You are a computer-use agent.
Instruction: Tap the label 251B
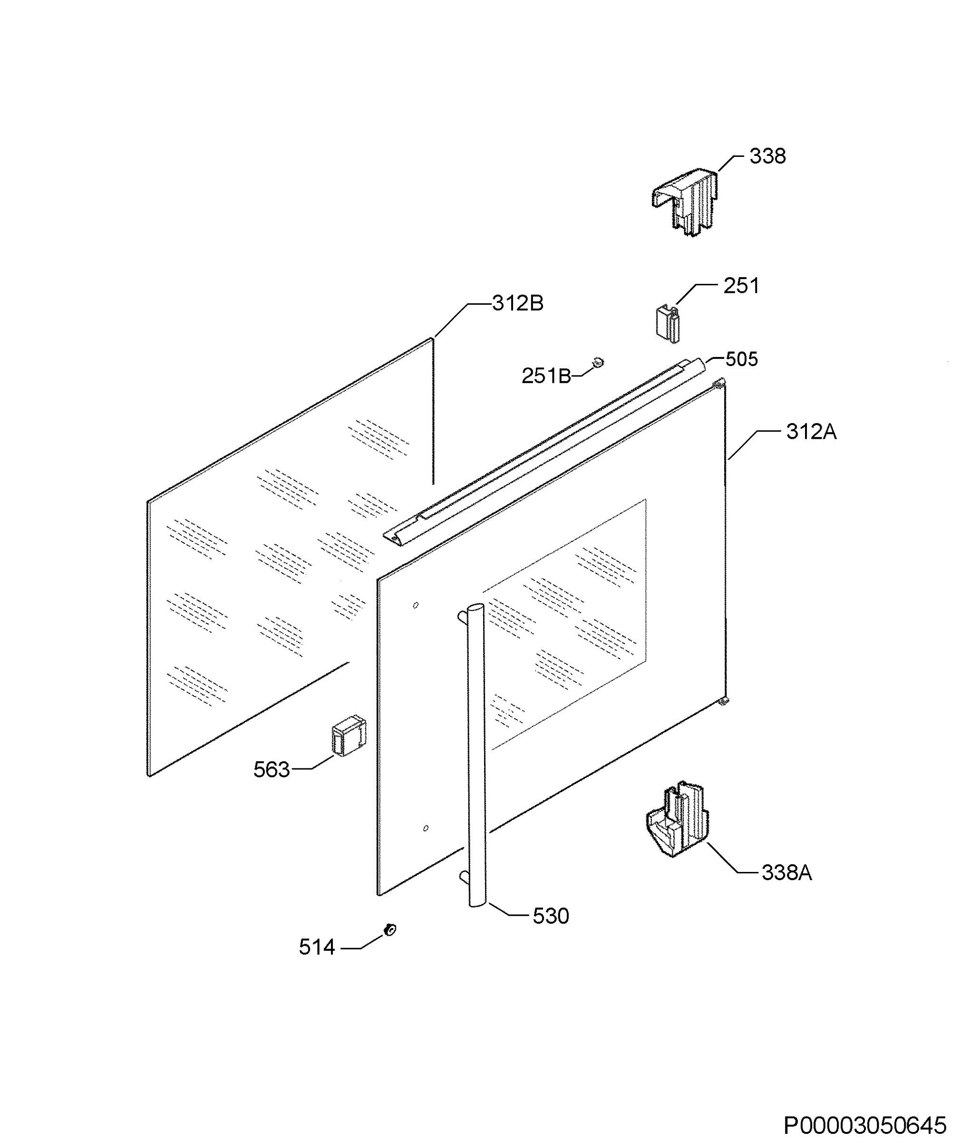(546, 376)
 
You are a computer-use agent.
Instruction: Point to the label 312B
(517, 303)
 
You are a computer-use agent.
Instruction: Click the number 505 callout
(741, 359)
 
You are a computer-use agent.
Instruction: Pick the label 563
(271, 770)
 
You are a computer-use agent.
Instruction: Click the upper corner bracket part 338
(685, 203)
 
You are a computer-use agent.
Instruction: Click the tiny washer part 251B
(598, 362)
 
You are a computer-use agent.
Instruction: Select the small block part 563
(349, 735)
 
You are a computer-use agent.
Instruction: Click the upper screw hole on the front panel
(416, 605)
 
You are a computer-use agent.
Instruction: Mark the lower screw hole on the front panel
(426, 828)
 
